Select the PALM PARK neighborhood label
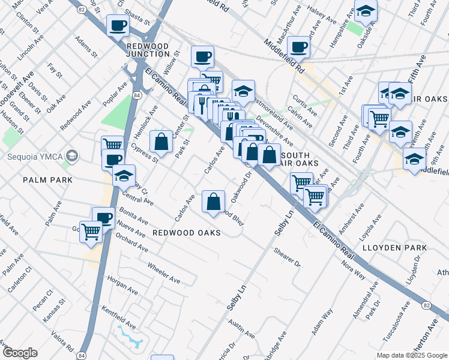point(47,180)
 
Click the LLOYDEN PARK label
point(394,247)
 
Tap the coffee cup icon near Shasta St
point(118,26)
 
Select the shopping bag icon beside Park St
point(161,142)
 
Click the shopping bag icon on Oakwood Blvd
point(213,202)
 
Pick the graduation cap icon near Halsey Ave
point(364,11)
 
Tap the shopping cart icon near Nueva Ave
point(91,231)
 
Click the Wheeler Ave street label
point(163,272)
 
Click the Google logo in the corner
point(20,353)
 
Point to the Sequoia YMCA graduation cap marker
point(72,157)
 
